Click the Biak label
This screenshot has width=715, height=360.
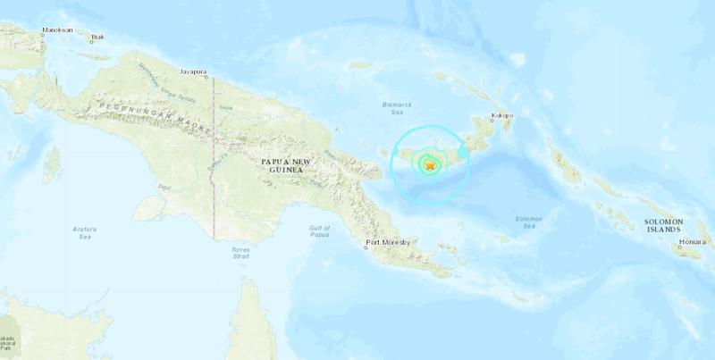[x=101, y=38]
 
